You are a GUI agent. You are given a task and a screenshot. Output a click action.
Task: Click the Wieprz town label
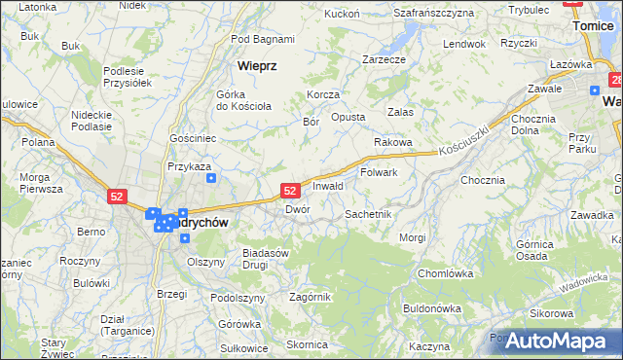258,66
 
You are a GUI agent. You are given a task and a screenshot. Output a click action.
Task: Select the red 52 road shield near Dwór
289,192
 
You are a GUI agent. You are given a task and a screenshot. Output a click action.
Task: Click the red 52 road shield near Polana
117,197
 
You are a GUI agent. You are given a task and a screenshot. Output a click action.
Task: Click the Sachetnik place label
368,213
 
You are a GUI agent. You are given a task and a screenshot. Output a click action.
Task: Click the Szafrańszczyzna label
433,13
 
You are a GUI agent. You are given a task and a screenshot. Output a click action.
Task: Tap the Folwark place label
379,172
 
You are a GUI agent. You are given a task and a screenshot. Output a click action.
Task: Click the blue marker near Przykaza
211,178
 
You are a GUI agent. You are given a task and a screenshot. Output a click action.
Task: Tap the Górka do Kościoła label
236,99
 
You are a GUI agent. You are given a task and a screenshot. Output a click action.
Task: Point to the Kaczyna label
428,346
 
